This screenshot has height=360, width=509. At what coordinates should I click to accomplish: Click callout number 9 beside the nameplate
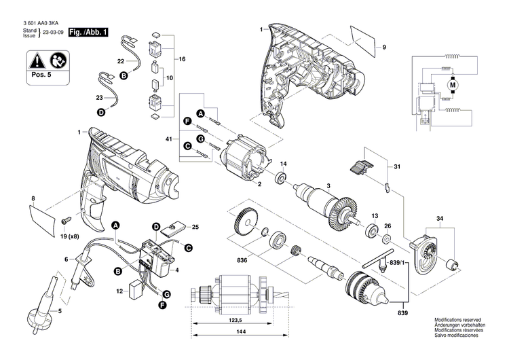pos(383,47)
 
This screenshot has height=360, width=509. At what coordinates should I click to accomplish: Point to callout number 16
pos(181,60)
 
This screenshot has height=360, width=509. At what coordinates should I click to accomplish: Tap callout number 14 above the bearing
pos(284,164)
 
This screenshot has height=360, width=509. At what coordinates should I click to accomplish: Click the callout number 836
pos(242,258)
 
